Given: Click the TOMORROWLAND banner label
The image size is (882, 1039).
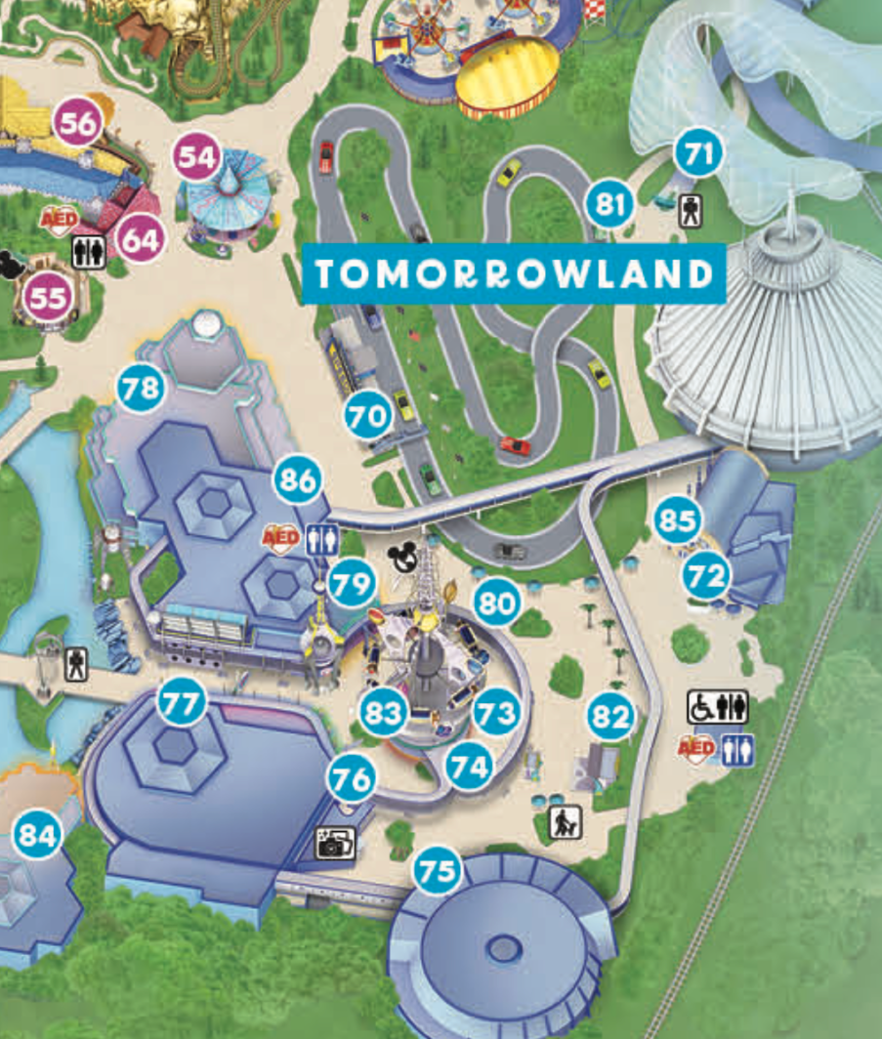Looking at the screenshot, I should pyautogui.click(x=513, y=273).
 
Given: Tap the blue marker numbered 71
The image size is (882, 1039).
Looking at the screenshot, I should pyautogui.click(x=699, y=153).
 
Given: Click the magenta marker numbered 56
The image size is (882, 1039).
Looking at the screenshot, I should pyautogui.click(x=78, y=123).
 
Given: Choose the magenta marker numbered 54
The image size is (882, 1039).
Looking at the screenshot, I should pyautogui.click(x=196, y=157).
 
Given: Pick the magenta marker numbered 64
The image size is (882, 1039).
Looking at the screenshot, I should pyautogui.click(x=140, y=238).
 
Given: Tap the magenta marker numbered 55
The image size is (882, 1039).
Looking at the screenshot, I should pyautogui.click(x=47, y=297).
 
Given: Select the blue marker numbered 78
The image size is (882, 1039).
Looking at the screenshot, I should pyautogui.click(x=140, y=389).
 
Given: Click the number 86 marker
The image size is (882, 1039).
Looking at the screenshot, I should pyautogui.click(x=299, y=479).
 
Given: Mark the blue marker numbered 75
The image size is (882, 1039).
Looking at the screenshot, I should pyautogui.click(x=437, y=870).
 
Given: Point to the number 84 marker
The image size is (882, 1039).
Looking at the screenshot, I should pyautogui.click(x=38, y=835).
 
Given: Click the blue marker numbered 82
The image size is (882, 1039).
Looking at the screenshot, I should pyautogui.click(x=611, y=718).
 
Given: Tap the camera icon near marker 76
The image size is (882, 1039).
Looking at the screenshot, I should pyautogui.click(x=334, y=843).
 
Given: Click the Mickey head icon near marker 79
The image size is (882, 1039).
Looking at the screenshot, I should pyautogui.click(x=402, y=559).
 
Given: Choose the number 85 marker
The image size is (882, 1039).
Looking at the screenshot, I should pyautogui.click(x=677, y=520).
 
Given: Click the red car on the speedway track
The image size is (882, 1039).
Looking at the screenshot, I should pyautogui.click(x=517, y=445).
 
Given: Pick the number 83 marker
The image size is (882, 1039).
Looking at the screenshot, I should pyautogui.click(x=382, y=713).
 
